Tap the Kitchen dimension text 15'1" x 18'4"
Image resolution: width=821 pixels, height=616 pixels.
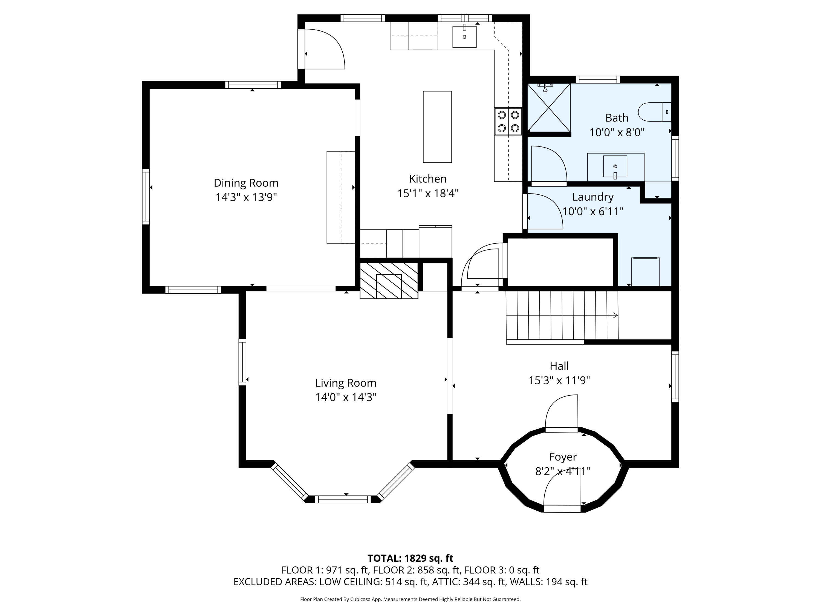428,194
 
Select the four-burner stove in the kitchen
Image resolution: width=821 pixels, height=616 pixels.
508,121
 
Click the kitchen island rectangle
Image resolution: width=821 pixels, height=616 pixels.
437,127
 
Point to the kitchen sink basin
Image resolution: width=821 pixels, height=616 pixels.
464,37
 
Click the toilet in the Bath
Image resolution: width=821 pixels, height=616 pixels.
655,112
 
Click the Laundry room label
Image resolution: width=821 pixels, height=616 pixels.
593,197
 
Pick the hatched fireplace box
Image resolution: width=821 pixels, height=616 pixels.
389,281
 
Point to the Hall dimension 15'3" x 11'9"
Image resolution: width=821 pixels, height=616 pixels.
559,381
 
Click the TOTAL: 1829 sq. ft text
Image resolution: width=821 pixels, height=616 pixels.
410,559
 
